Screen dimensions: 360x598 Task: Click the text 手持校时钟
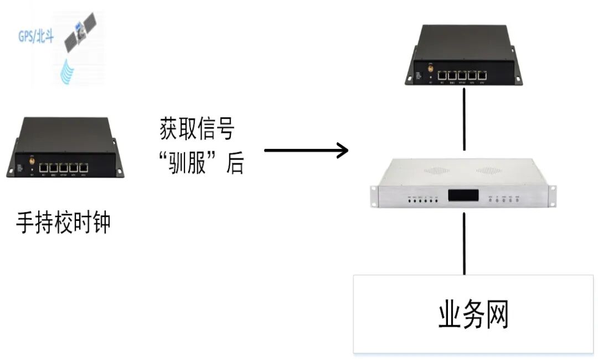click(63, 223)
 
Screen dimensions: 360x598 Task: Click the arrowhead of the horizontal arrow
click(343, 150)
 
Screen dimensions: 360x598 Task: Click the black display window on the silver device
click(463, 196)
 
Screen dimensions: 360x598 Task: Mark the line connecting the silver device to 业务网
click(464, 244)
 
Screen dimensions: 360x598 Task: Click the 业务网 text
click(473, 315)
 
